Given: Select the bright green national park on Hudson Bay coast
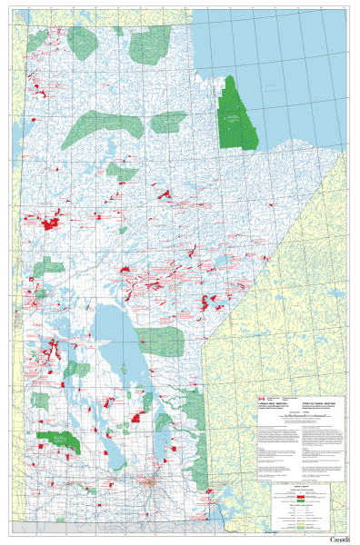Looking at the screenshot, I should tap(238, 114).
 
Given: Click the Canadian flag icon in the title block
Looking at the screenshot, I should tap(258, 399).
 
